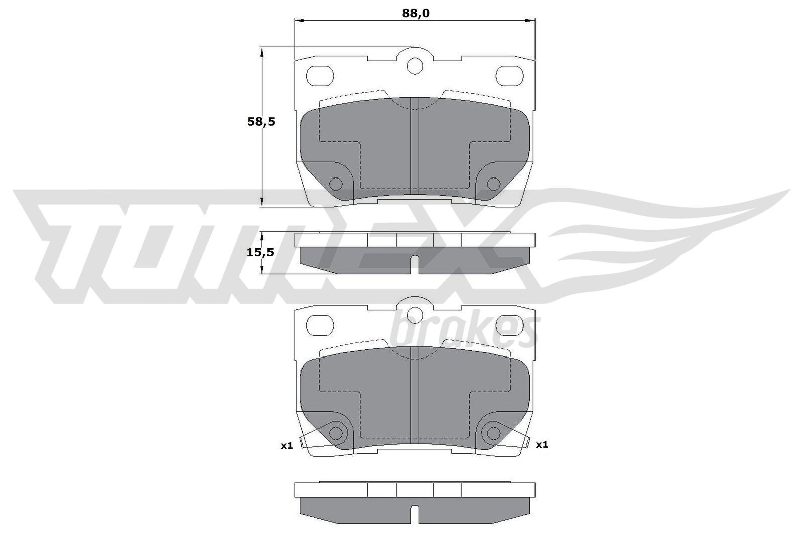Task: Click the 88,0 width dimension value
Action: pos(415,13)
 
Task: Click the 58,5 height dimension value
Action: pos(261,122)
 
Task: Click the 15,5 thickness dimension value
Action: pos(260,252)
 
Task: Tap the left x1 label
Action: pos(286,445)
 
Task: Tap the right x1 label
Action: pos(542,444)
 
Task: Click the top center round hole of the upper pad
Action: pos(415,65)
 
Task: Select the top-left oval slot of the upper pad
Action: pos(320,75)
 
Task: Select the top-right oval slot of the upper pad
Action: pos(509,75)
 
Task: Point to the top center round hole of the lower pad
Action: pos(415,314)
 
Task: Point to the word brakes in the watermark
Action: pos(464,331)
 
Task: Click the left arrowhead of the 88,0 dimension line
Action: pos(298,21)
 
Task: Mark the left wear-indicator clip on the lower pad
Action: pos(302,443)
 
